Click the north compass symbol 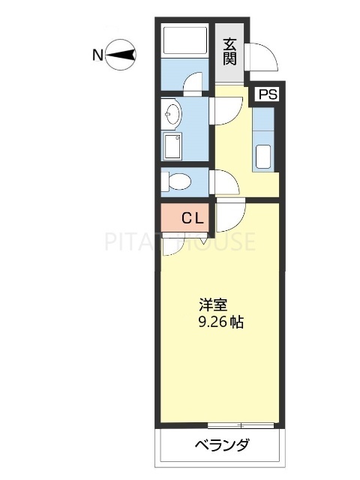pos(121,55)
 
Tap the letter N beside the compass pos(97,55)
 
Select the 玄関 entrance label pos(229,51)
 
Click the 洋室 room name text pos(214,306)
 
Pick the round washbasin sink pos(172,115)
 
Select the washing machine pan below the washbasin pos(172,146)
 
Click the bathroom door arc pos(194,82)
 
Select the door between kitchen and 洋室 pos(230,212)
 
